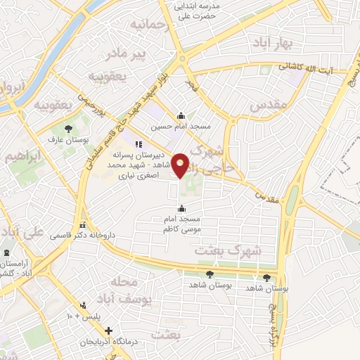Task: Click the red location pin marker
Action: (181, 165)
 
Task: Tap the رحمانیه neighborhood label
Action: (147, 27)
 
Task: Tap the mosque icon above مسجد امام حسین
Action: (181, 116)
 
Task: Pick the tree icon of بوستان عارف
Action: (69, 129)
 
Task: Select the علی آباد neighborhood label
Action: (21, 232)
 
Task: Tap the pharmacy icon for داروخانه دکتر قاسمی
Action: (84, 225)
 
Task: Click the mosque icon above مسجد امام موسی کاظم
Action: (182, 207)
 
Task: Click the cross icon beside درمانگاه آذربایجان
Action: (108, 330)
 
